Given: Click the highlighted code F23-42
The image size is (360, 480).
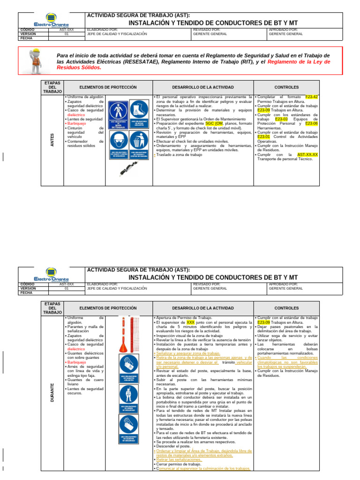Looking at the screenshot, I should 311,97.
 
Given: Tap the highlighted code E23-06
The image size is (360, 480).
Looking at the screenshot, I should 311,124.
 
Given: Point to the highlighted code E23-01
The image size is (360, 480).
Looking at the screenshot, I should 263,137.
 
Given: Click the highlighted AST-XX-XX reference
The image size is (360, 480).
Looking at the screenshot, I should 307,154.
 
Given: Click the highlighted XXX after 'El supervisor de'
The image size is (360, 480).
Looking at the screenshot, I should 190,322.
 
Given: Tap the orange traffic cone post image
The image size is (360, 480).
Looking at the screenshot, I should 123,335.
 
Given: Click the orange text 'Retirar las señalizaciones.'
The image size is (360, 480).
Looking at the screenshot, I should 179,460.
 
